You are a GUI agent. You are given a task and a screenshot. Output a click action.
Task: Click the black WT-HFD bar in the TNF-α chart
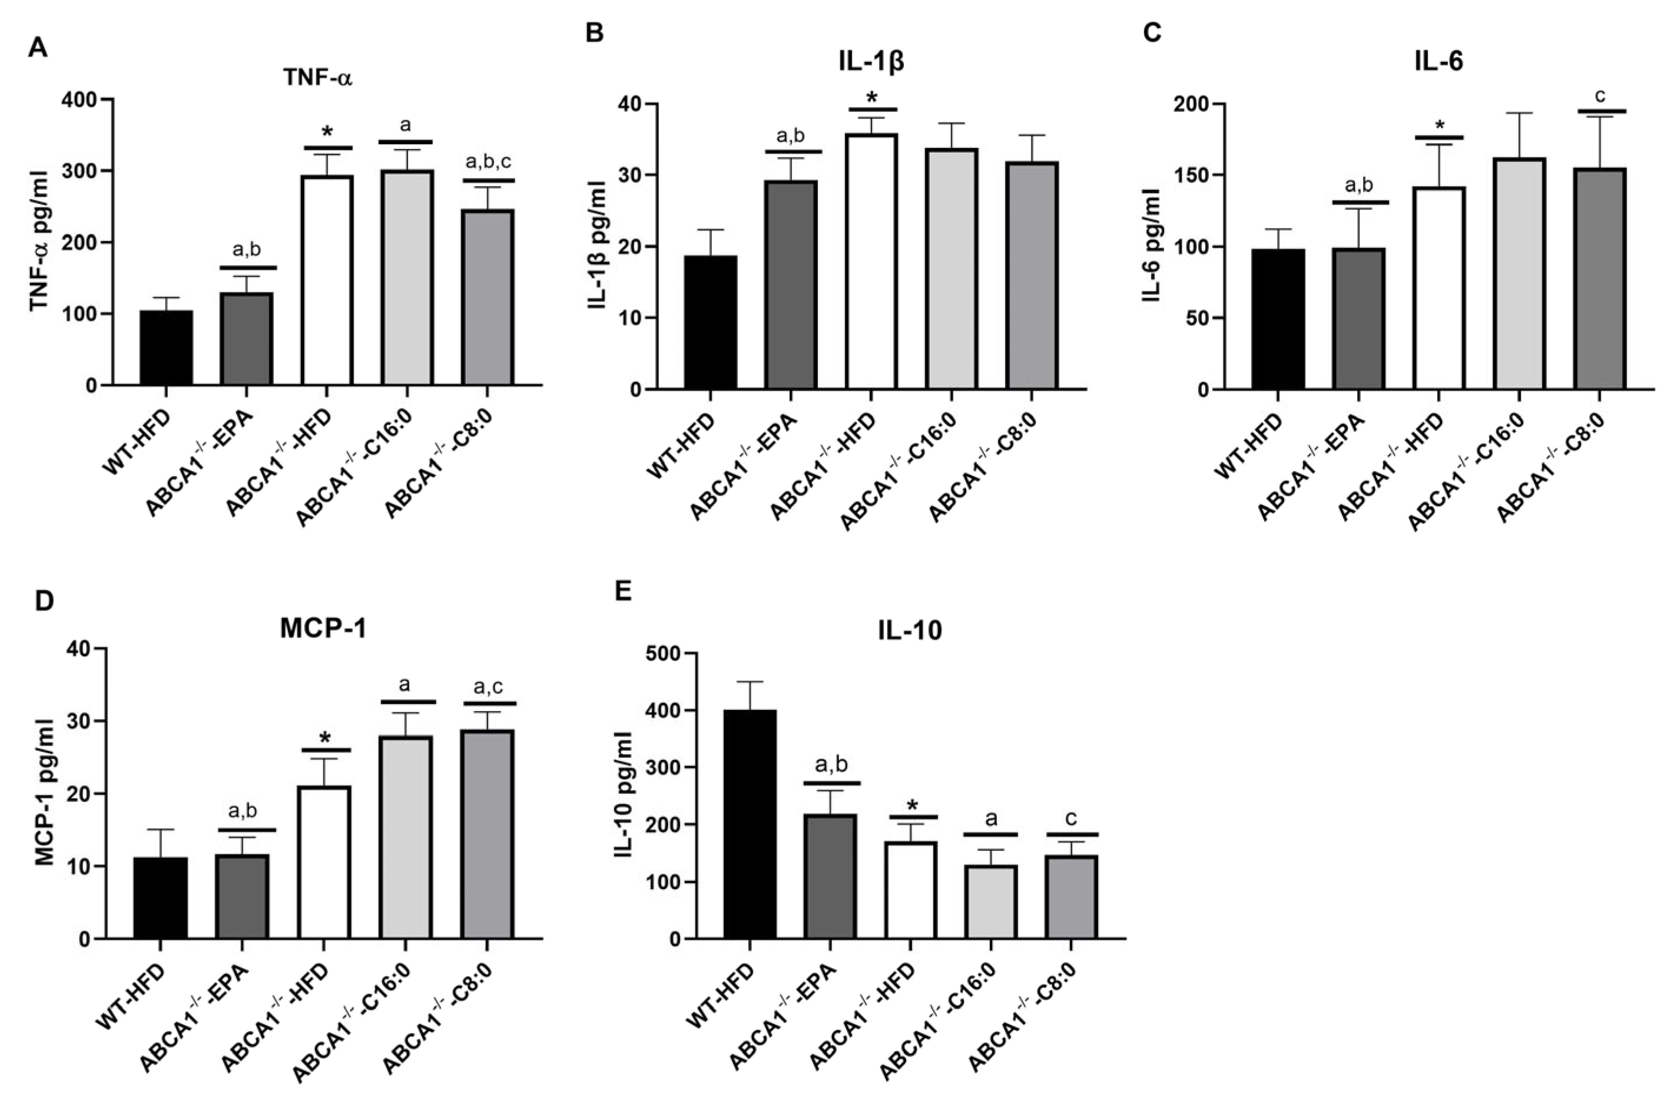click(x=165, y=348)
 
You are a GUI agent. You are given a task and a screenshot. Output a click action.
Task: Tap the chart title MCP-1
click(x=323, y=629)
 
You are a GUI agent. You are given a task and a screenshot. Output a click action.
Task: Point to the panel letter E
click(x=622, y=590)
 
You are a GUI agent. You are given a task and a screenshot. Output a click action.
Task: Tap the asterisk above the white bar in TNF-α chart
click(x=327, y=133)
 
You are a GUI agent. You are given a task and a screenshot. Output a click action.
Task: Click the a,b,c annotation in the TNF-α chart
click(x=488, y=161)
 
